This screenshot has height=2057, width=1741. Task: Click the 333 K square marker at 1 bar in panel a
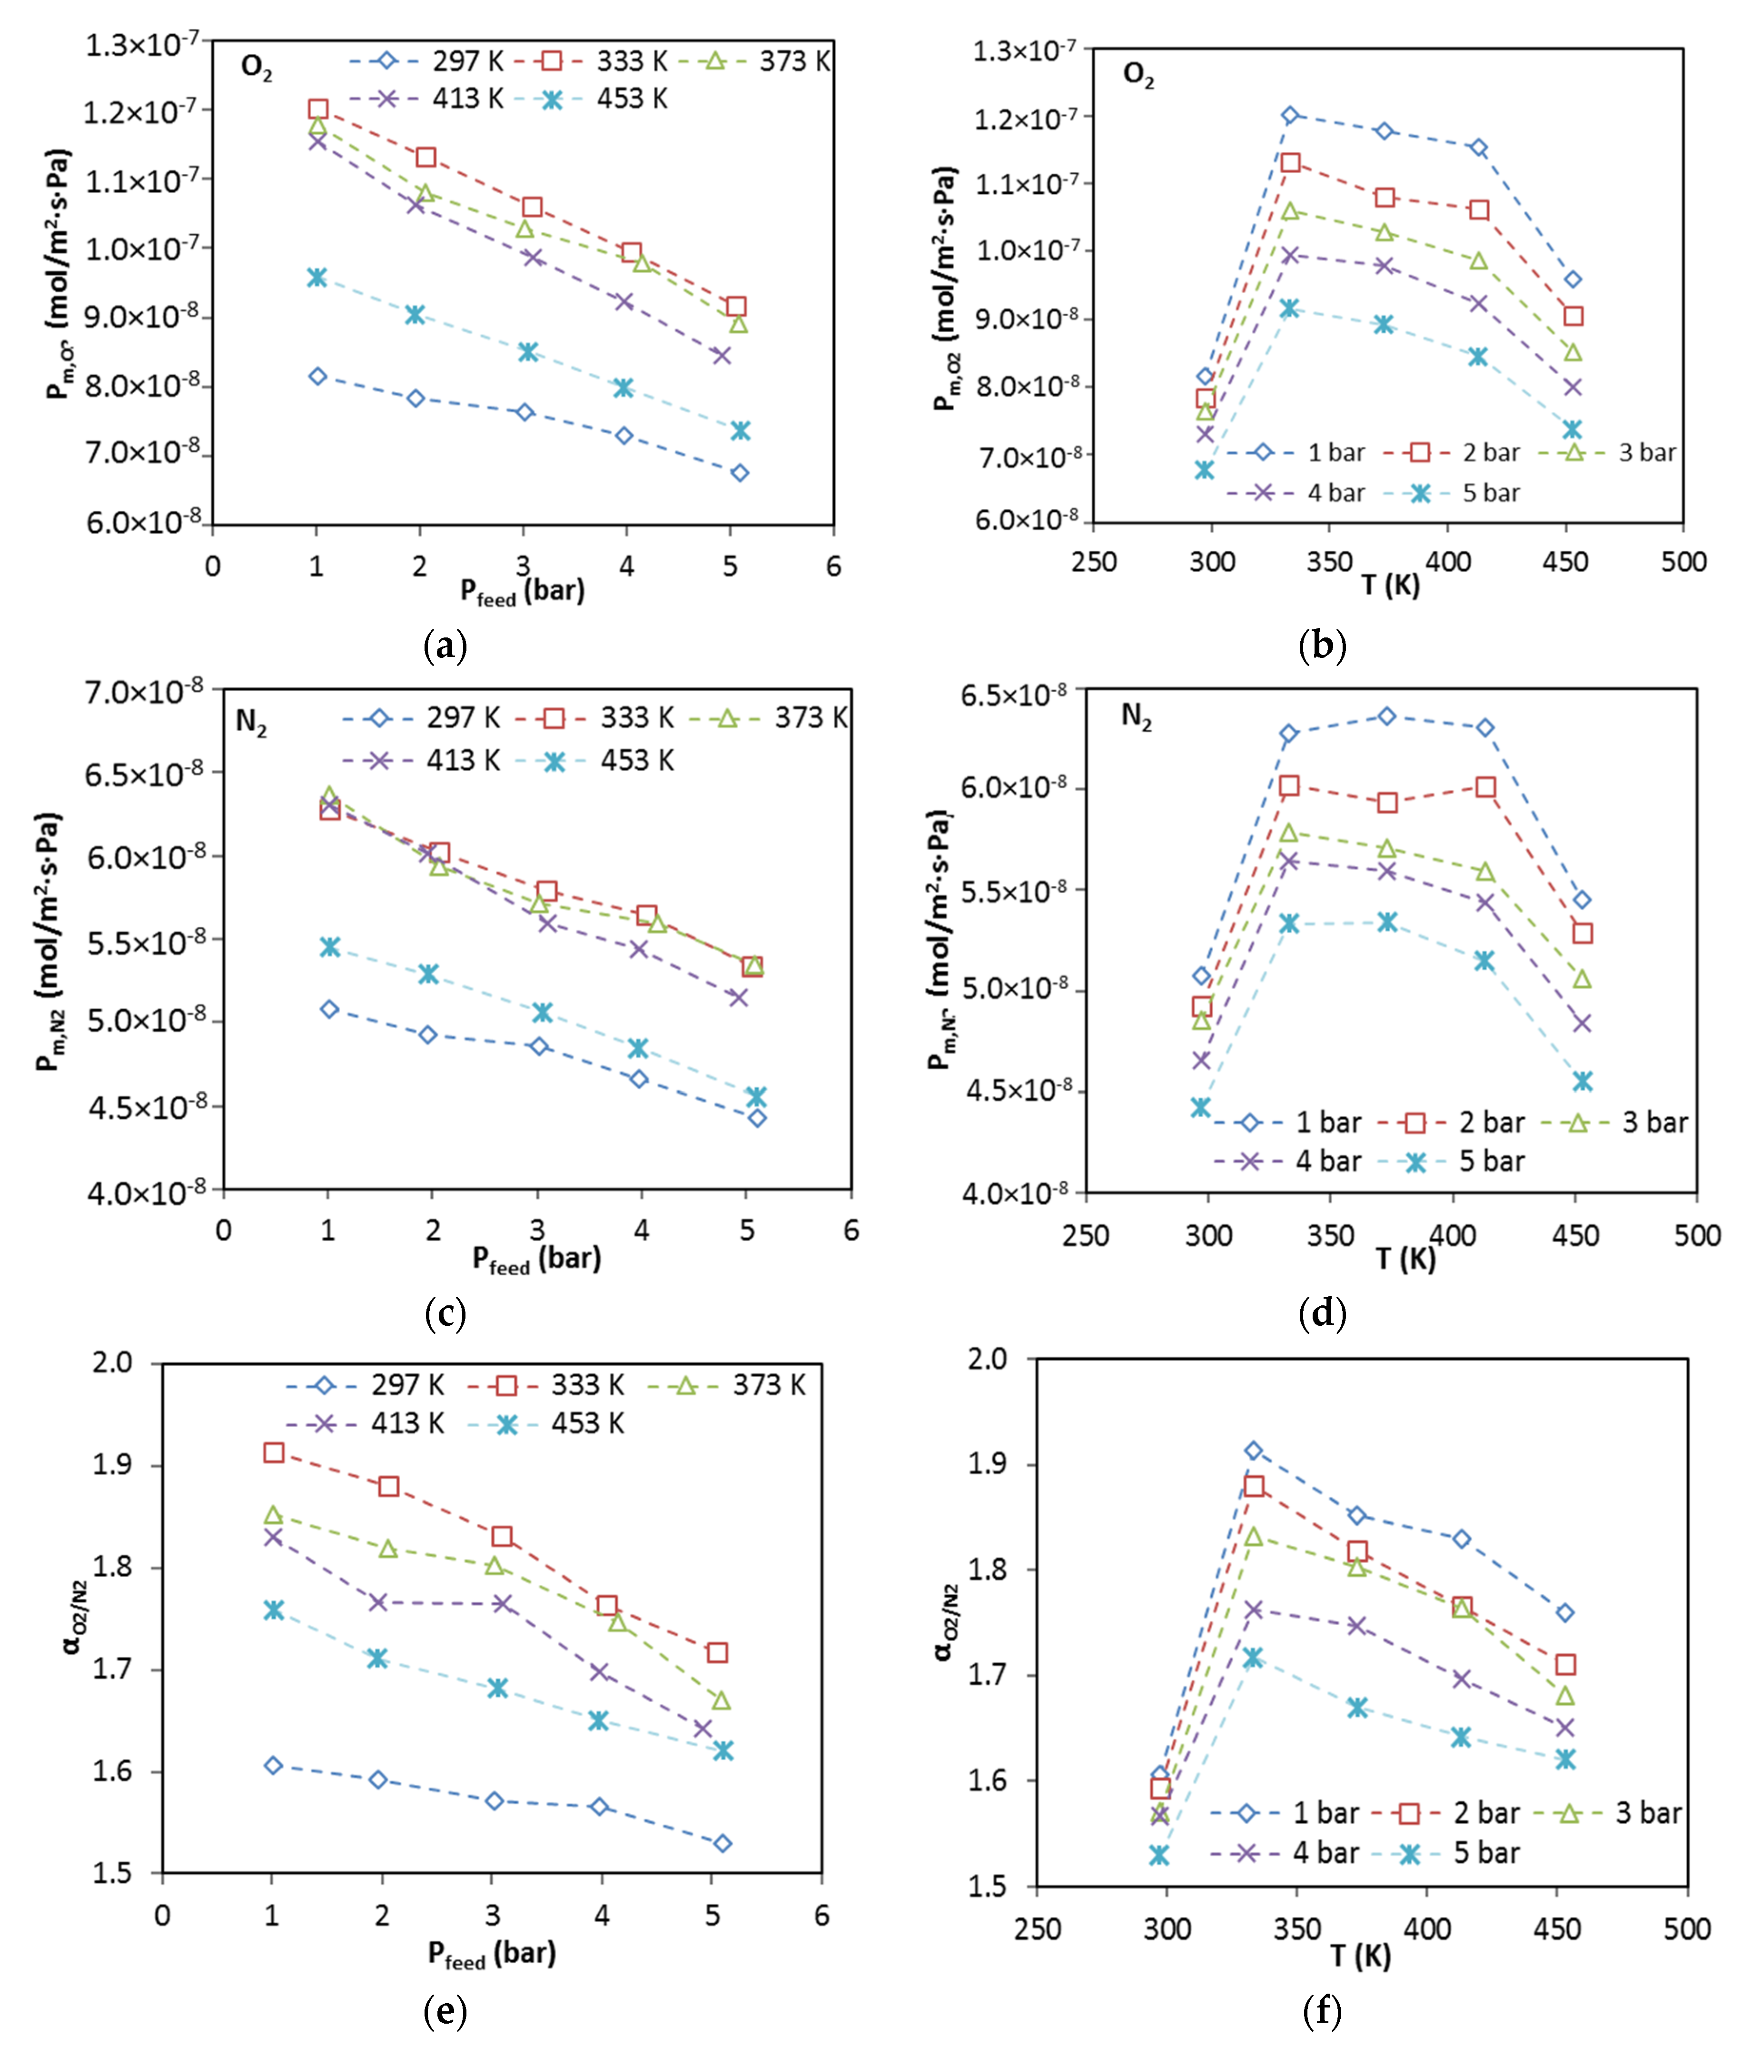[x=318, y=109]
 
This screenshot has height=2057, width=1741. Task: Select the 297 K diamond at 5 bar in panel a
[x=739, y=473]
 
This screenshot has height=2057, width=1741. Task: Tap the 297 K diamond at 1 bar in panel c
[x=330, y=1009]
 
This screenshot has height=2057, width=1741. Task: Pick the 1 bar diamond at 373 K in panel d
[x=1387, y=715]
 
